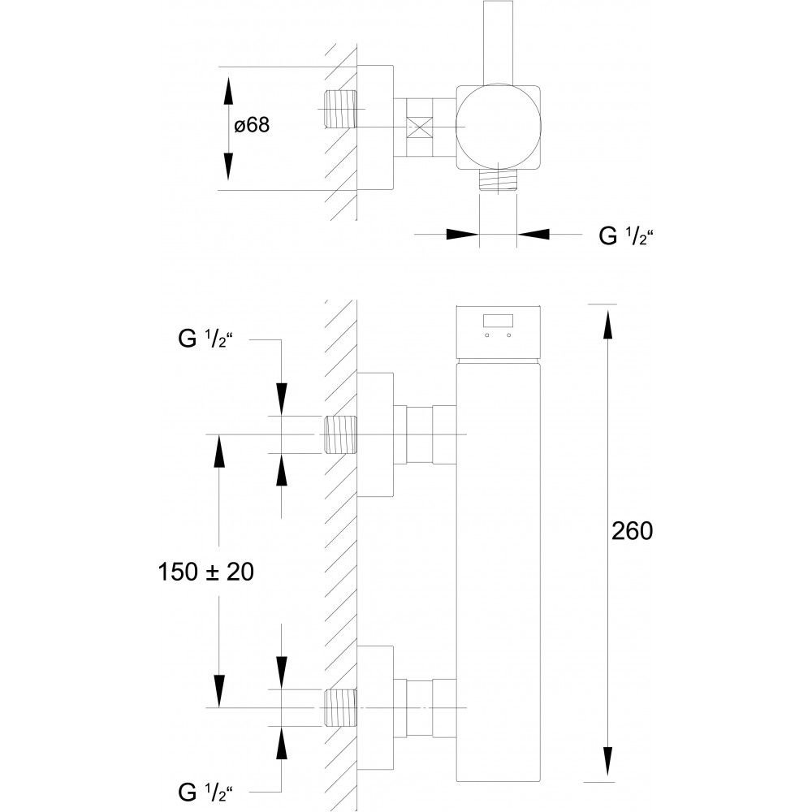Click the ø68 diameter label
(252, 125)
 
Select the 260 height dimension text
(632, 531)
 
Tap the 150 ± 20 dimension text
(205, 572)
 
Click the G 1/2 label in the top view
(625, 236)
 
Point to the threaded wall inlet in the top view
(341, 110)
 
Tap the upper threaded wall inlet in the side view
(341, 434)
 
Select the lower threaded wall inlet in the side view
(341, 708)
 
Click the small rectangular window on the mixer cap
(498, 321)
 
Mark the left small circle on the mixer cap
(487, 335)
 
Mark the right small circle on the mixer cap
(508, 335)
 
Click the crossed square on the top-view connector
(420, 127)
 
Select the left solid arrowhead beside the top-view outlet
(463, 234)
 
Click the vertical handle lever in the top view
(498, 42)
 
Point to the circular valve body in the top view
(499, 127)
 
